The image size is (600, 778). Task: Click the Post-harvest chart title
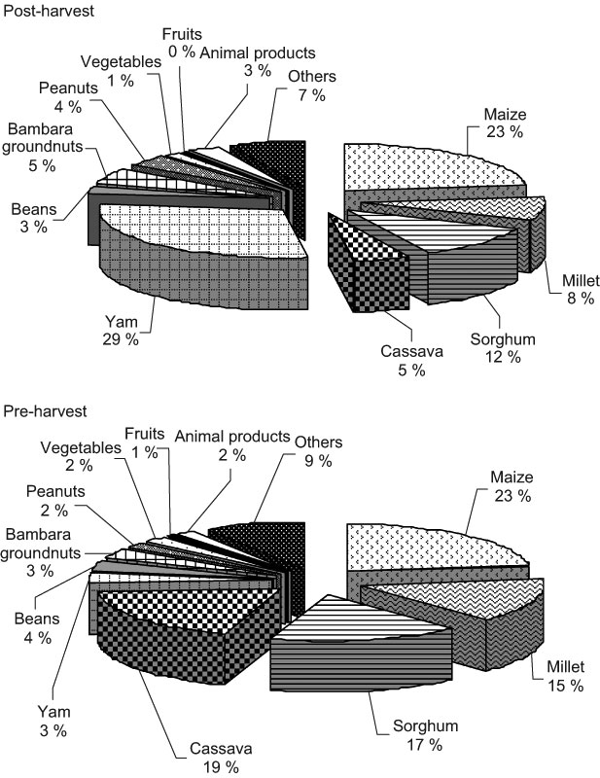click(x=49, y=11)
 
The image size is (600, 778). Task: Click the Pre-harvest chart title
click(x=45, y=411)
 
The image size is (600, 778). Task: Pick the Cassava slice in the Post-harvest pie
click(x=368, y=268)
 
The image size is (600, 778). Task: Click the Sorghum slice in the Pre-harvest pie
click(x=363, y=645)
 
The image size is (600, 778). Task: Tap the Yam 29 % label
click(x=122, y=331)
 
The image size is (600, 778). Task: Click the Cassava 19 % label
click(x=221, y=758)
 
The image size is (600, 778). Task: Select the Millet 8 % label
click(x=581, y=289)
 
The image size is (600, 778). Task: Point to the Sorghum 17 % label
click(x=425, y=735)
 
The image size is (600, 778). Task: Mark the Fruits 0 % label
click(x=182, y=43)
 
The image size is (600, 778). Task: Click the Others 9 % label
click(x=318, y=451)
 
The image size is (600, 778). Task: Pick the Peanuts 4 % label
click(x=68, y=96)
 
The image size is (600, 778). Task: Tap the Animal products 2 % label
click(x=232, y=445)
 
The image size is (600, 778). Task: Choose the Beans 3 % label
click(x=34, y=218)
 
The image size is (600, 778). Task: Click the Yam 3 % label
click(x=53, y=721)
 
